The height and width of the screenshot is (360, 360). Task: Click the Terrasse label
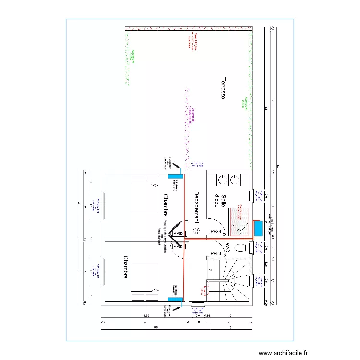(223, 88)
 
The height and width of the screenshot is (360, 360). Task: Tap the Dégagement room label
(196, 207)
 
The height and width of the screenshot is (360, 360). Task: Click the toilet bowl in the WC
(245, 248)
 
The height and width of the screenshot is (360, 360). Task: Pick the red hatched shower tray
(240, 221)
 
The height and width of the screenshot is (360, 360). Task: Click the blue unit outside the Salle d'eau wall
(258, 228)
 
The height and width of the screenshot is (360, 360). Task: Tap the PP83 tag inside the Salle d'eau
(216, 232)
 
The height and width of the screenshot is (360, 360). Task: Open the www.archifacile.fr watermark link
(283, 353)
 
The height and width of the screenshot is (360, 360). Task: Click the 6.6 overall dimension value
(155, 328)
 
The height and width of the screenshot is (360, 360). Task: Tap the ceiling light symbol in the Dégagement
(197, 230)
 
